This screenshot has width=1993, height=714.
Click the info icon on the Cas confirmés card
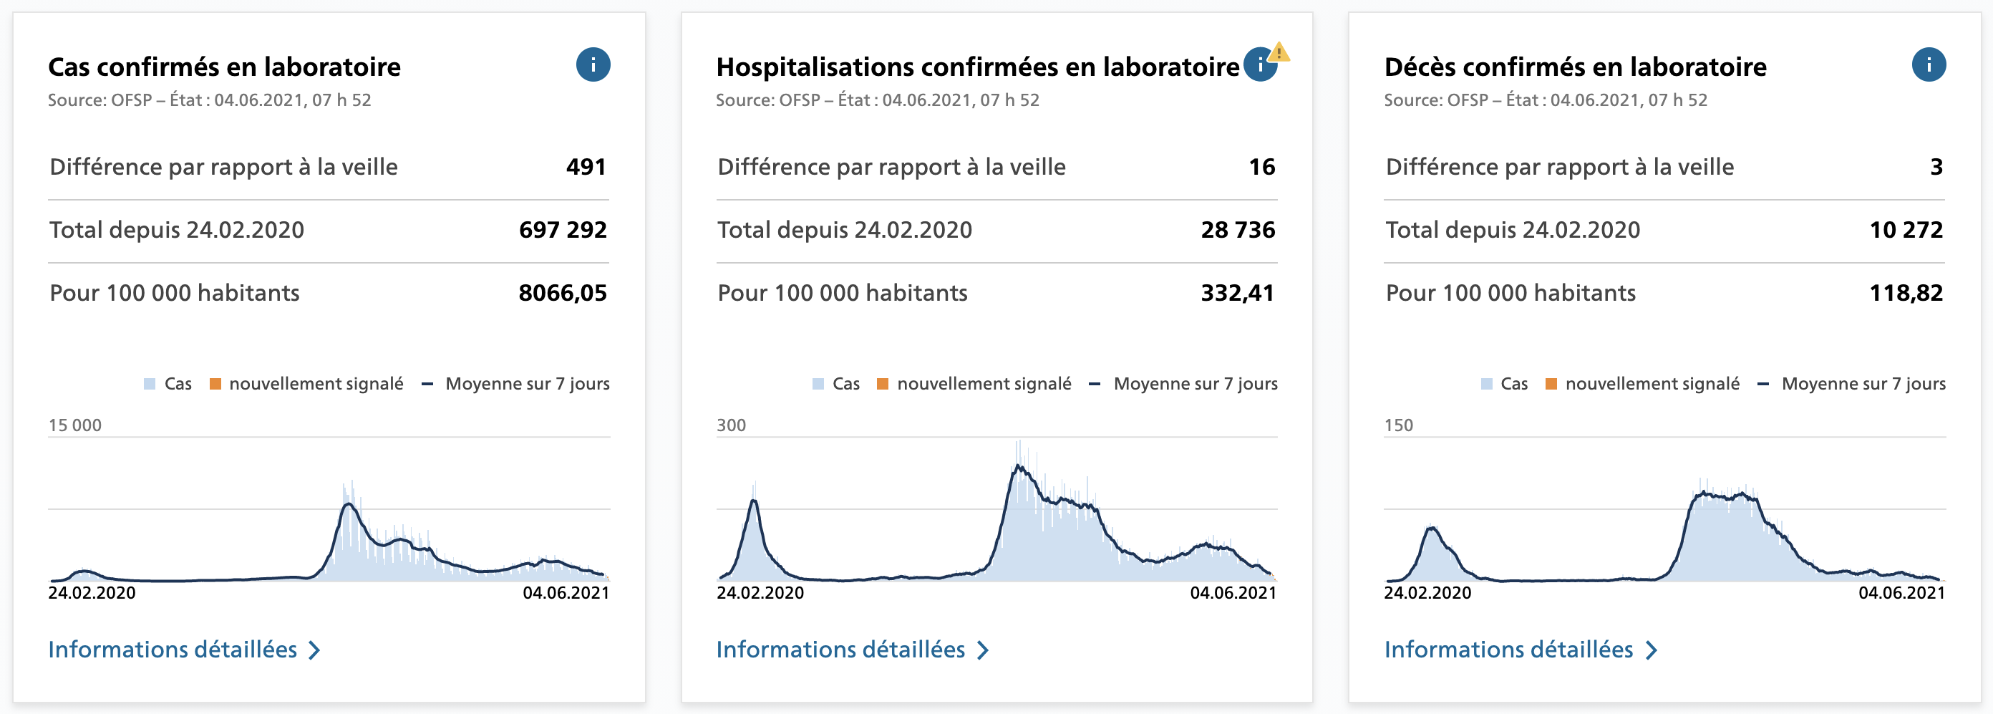click(x=593, y=65)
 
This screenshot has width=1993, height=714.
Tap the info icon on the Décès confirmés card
click(x=1928, y=65)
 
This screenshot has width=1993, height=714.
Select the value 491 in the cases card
click(x=586, y=167)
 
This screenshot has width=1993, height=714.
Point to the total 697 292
click(x=563, y=230)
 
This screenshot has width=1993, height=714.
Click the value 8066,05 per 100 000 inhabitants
click(x=563, y=293)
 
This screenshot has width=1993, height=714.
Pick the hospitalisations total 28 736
click(x=1237, y=230)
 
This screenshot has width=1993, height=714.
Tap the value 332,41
click(x=1237, y=293)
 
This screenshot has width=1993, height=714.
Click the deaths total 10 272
click(x=1906, y=230)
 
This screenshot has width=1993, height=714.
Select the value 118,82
click(x=1906, y=293)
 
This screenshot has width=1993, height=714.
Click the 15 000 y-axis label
click(x=75, y=425)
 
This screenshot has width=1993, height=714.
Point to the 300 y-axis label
click(x=731, y=425)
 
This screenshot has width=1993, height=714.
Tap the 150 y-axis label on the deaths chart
click(x=1398, y=425)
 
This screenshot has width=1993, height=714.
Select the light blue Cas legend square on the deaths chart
click(x=1486, y=385)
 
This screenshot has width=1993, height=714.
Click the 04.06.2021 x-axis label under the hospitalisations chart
click(x=1233, y=593)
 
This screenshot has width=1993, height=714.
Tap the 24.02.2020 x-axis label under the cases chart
click(x=92, y=593)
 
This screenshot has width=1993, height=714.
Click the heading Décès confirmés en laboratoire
click(x=1575, y=67)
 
